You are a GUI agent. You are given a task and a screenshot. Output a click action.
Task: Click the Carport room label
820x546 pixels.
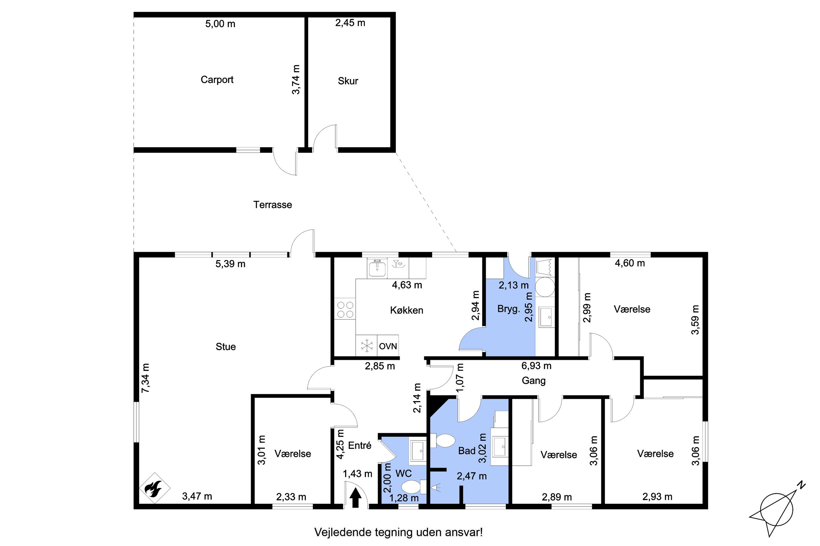[217, 80]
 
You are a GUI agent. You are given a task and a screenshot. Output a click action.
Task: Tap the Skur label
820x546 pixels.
[348, 81]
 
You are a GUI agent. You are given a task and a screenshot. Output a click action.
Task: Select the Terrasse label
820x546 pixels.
[272, 205]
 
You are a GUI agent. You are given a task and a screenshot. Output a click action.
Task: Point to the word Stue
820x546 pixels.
[225, 347]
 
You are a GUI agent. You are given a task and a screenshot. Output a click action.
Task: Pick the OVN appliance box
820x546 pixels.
[388, 345]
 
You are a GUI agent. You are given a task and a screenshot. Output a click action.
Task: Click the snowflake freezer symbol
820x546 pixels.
[366, 345]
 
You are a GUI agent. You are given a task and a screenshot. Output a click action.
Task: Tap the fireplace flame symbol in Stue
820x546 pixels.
[155, 488]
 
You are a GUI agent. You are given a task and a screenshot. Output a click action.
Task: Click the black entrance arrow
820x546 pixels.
[355, 497]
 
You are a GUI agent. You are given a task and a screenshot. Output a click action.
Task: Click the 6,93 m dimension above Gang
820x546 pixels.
[536, 365]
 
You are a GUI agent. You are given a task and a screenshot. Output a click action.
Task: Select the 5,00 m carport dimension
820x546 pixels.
[220, 24]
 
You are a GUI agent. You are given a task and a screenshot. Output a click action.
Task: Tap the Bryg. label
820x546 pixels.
[508, 309]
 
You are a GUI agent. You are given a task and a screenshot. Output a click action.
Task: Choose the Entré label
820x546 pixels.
[360, 445]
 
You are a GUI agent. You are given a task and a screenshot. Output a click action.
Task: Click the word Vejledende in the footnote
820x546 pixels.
[343, 532]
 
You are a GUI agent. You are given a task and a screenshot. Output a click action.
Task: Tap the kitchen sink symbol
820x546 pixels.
[377, 268]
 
